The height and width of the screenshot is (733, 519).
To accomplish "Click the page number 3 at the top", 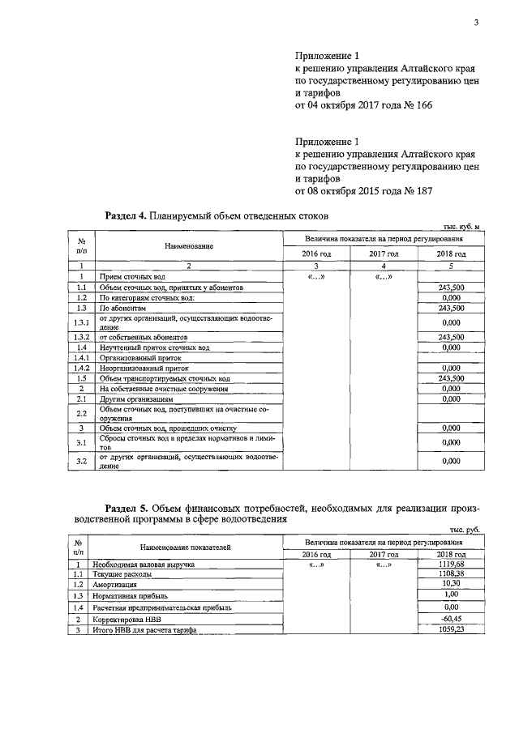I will click(477, 23).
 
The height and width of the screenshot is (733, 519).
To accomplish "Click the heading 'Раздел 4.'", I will click(126, 216).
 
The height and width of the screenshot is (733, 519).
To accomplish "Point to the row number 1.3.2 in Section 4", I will click(81, 337).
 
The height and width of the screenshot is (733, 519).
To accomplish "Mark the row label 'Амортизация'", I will click(114, 584).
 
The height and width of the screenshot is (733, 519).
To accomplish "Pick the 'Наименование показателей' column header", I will click(186, 548).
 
